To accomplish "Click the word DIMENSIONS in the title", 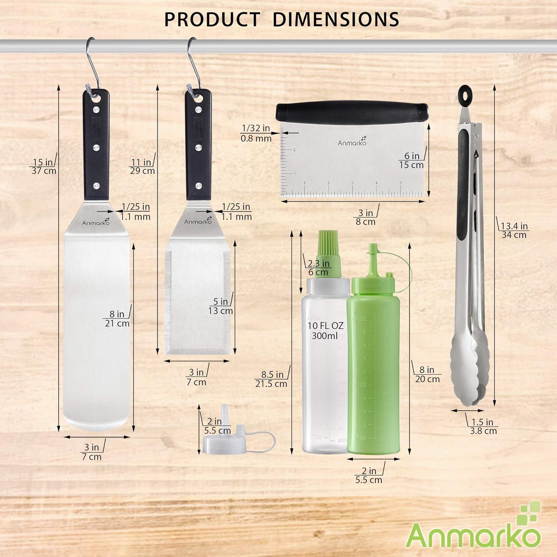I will tap(335, 20).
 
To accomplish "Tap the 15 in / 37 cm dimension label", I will tap(44, 167).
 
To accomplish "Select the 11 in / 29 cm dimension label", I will tap(142, 167).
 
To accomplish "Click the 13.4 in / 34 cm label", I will tap(514, 230).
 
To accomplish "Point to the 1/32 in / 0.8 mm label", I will tap(256, 133).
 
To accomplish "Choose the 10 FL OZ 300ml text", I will tap(325, 331).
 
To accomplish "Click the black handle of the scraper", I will tap(352, 112).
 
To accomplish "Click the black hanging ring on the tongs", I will tap(465, 95).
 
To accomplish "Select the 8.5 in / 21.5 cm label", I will tap(271, 379).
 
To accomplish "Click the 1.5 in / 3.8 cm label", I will tap(483, 426).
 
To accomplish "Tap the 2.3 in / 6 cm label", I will tap(318, 268).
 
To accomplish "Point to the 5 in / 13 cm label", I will tap(220, 306).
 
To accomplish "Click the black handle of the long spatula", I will tap(96, 145).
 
